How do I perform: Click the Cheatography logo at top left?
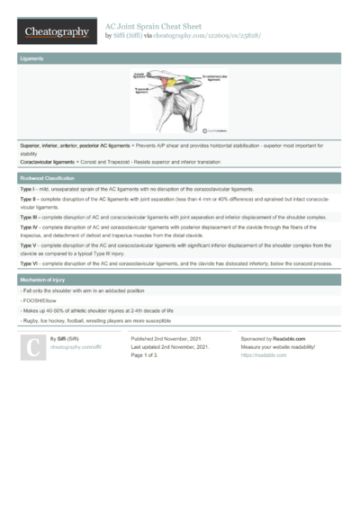pos(57,31)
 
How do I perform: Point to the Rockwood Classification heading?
pos(50,179)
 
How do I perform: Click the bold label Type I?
pos(27,191)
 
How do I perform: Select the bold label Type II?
pos(28,200)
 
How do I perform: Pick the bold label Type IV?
pos(29,228)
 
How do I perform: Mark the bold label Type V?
pos(28,246)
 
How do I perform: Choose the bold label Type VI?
pos(29,263)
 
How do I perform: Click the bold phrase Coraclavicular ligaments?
pos(52,161)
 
